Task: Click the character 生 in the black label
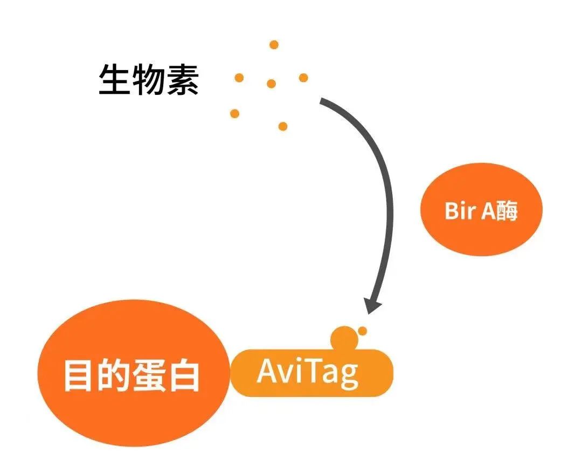click(113, 79)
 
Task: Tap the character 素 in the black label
click(183, 79)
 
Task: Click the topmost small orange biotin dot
click(274, 45)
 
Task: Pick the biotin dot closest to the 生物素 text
click(239, 78)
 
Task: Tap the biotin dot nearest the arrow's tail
click(303, 78)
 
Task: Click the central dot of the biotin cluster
click(271, 84)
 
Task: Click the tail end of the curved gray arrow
click(321, 101)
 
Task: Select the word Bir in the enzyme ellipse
click(460, 210)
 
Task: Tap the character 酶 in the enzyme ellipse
click(506, 211)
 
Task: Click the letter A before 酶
click(488, 211)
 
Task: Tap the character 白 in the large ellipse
click(184, 375)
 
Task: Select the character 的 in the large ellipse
click(113, 375)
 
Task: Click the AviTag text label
click(308, 373)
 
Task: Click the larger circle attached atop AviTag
click(344, 338)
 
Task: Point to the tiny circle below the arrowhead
click(362, 331)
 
